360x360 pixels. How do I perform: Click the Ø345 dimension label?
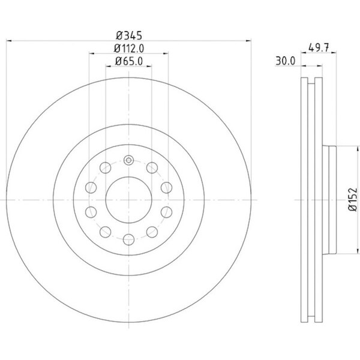pos(129,35)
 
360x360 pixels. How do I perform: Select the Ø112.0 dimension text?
pos(129,49)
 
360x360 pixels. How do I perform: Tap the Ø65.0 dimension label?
pos(129,61)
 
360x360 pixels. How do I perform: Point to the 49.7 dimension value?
pos(319,48)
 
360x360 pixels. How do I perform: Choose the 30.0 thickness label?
pos(286,61)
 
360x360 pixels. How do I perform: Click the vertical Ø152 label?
pos(353,200)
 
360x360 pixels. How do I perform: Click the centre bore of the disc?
pos(129,200)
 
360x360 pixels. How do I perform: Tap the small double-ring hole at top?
pos(129,160)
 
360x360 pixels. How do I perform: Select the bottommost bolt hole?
pos(129,239)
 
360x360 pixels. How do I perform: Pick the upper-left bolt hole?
pos(106,167)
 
